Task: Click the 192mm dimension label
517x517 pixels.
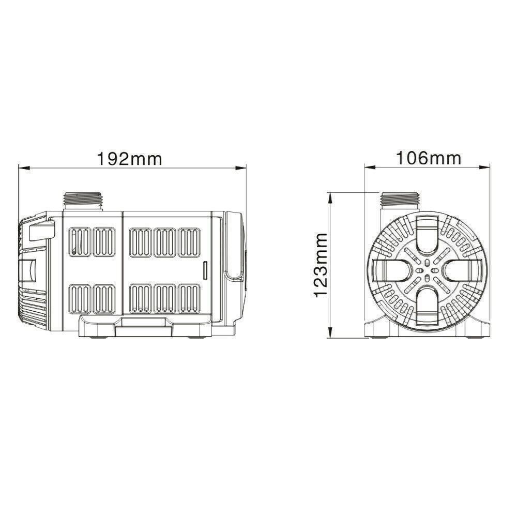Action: [x=130, y=159]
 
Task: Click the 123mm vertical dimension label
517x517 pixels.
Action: [x=320, y=265]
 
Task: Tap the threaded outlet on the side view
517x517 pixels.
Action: [x=83, y=201]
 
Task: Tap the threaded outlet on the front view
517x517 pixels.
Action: [x=399, y=201]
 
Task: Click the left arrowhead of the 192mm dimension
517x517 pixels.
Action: [x=24, y=168]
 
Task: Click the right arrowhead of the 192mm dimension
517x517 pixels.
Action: [x=241, y=168]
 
